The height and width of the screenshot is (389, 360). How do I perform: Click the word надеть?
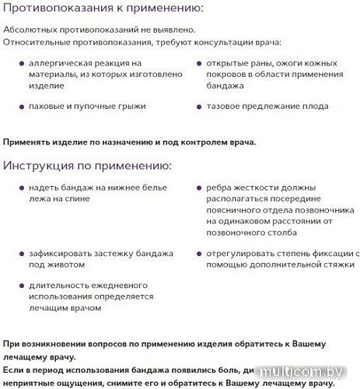pyautogui.click(x=42, y=187)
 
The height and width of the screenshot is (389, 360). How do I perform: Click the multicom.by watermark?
pyautogui.click(x=306, y=373)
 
